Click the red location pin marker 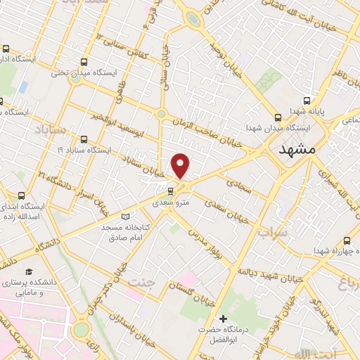[181, 165]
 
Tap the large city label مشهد [298, 150]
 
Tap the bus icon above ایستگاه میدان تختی [84, 61]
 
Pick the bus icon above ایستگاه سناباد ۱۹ [84, 139]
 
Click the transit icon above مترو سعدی [171, 191]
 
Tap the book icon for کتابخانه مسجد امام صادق [126, 217]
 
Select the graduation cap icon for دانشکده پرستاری [29, 272]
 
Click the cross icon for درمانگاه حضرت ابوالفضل [224, 320]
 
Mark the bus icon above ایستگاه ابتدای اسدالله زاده [21, 195]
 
